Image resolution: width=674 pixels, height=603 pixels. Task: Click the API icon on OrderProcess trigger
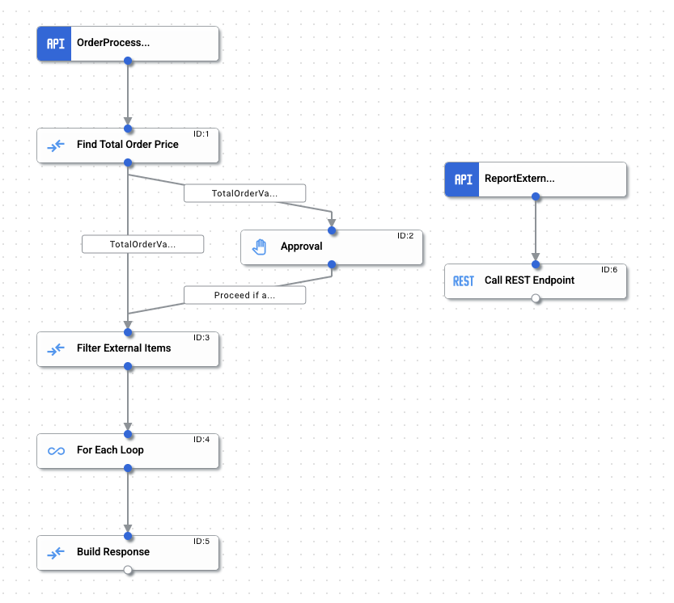pos(55,44)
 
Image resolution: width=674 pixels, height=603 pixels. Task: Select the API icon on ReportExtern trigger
pos(463,179)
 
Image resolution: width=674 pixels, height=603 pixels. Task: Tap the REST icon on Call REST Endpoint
pos(463,280)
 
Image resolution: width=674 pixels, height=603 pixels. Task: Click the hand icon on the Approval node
pos(259,247)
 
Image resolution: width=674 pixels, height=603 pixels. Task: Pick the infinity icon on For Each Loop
pos(55,450)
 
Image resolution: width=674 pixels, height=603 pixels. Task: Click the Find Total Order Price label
pos(127,145)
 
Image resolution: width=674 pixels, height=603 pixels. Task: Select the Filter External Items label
pos(124,348)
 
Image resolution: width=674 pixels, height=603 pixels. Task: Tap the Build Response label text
pos(113,552)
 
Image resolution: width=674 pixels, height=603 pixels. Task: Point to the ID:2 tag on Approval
pos(405,236)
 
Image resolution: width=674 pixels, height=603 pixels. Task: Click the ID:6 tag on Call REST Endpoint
pos(608,270)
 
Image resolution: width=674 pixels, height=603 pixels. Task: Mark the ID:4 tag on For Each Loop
pos(201,440)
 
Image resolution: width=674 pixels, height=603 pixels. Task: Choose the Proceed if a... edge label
pos(244,295)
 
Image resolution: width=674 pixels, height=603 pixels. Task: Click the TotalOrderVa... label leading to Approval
pos(244,193)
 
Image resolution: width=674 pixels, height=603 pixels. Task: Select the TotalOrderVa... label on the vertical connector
pos(142,243)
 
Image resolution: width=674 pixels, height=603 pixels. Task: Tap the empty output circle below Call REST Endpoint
pos(536,299)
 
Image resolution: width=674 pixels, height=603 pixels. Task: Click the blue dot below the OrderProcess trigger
pos(128,61)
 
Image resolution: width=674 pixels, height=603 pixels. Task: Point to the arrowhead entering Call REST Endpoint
pos(536,256)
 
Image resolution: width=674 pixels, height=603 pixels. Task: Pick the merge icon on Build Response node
pos(55,552)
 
